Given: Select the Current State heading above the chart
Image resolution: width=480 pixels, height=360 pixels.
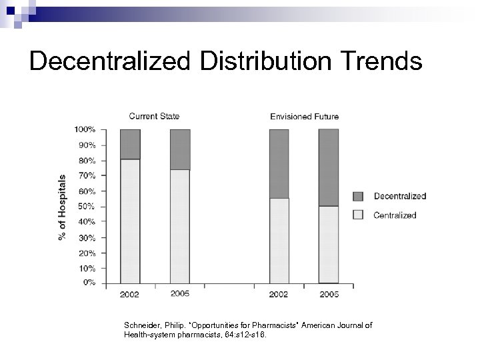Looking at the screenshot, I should click(153, 116).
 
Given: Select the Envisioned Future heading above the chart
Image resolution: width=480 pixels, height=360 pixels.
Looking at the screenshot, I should click(304, 117).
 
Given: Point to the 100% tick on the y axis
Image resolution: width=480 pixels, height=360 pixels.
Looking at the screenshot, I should click(84, 129).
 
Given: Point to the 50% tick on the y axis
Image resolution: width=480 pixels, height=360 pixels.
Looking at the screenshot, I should click(86, 207).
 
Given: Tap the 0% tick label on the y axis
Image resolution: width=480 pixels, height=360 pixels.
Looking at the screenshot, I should click(89, 283).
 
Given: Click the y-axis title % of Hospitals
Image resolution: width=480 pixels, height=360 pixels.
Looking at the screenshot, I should click(63, 207).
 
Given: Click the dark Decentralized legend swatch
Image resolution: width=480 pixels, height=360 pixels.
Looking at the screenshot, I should click(357, 196).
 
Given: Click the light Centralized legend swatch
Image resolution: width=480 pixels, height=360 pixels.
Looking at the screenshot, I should click(357, 215).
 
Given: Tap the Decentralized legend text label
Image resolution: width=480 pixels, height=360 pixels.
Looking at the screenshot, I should click(399, 196).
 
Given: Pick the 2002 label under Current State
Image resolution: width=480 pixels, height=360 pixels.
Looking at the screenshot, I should click(130, 294).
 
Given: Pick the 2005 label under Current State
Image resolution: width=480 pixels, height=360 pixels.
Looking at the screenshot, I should click(179, 294).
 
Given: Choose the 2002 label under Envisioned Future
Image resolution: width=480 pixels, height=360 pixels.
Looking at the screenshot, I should click(279, 294).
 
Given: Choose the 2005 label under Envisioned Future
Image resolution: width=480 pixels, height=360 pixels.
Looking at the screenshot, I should click(328, 294).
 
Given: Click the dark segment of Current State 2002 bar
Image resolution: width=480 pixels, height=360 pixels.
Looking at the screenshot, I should click(130, 144).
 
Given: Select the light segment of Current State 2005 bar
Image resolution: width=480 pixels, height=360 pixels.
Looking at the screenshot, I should click(180, 227).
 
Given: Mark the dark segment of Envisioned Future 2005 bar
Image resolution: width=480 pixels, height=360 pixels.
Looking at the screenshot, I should click(328, 167).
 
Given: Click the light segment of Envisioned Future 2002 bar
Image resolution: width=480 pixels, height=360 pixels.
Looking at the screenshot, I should click(279, 240).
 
